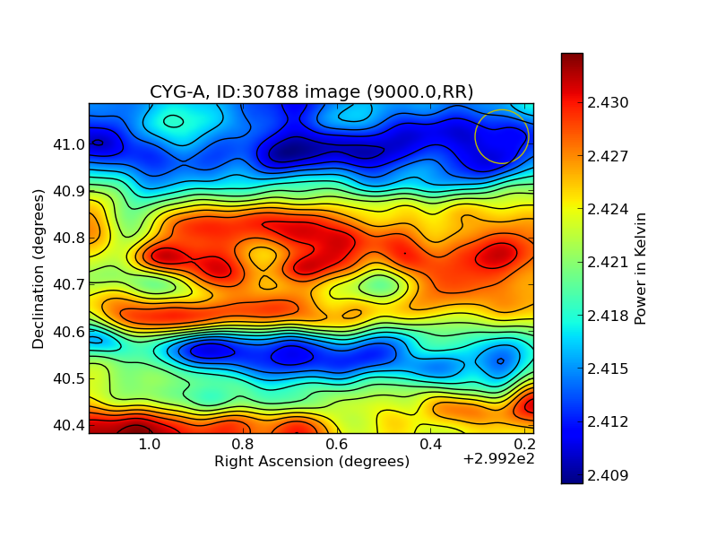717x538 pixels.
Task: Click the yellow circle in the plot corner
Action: coord(502,136)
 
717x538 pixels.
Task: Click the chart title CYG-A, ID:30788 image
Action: coord(311,91)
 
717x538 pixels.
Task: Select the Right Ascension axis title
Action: coord(311,462)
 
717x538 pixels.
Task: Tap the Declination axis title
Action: coord(39,268)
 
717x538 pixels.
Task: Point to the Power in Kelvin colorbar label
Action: coord(640,268)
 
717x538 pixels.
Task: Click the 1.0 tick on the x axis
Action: coord(149,445)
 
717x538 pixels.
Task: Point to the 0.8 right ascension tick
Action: coord(243,445)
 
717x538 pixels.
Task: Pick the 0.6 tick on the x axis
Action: coord(337,445)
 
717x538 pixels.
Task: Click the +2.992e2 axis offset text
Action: coord(498,460)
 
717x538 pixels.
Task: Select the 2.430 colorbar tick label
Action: coord(608,103)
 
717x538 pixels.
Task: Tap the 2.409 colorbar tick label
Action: coord(608,475)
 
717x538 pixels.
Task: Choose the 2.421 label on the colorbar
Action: coord(608,263)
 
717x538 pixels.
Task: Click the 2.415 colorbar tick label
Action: coord(608,369)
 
